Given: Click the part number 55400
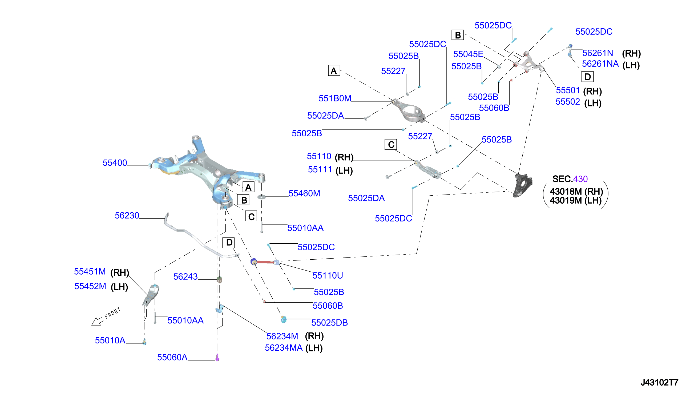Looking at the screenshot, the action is tap(115, 163).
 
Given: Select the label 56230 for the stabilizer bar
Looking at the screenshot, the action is tap(127, 216).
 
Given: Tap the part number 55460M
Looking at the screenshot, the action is tap(304, 193).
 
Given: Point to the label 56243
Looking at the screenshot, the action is tap(185, 277).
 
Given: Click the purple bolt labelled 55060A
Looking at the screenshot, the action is tap(217, 357).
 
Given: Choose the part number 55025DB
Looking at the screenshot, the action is tap(329, 323).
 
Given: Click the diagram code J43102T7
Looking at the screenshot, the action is tap(659, 383).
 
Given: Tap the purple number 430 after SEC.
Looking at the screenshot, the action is tap(580, 179).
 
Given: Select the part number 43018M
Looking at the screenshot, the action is tap(566, 192).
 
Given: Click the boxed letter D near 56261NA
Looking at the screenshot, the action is tap(587, 77).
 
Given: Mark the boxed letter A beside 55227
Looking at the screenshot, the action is tap(334, 71).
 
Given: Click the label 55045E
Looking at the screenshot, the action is tap(468, 54).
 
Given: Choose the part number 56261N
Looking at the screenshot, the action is tap(598, 53).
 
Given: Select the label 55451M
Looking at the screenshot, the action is tap(90, 272).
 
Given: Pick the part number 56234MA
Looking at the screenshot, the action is tap(284, 348).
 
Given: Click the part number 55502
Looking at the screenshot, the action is tap(568, 102).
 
